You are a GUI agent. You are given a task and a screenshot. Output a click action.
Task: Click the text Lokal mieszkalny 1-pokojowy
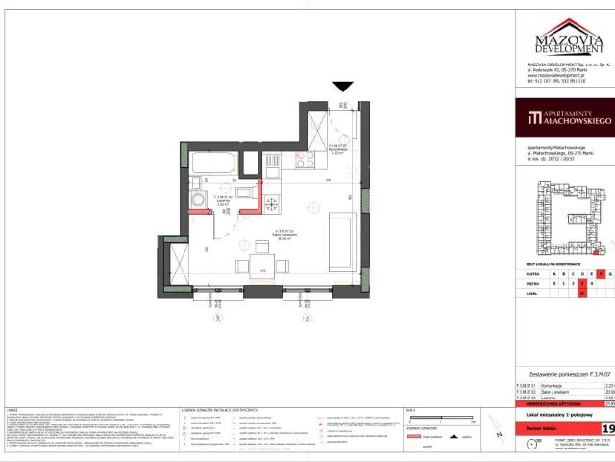(559, 411)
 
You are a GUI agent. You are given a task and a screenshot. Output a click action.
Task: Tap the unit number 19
(607, 426)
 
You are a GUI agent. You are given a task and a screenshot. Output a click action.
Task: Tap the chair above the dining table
(259, 244)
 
